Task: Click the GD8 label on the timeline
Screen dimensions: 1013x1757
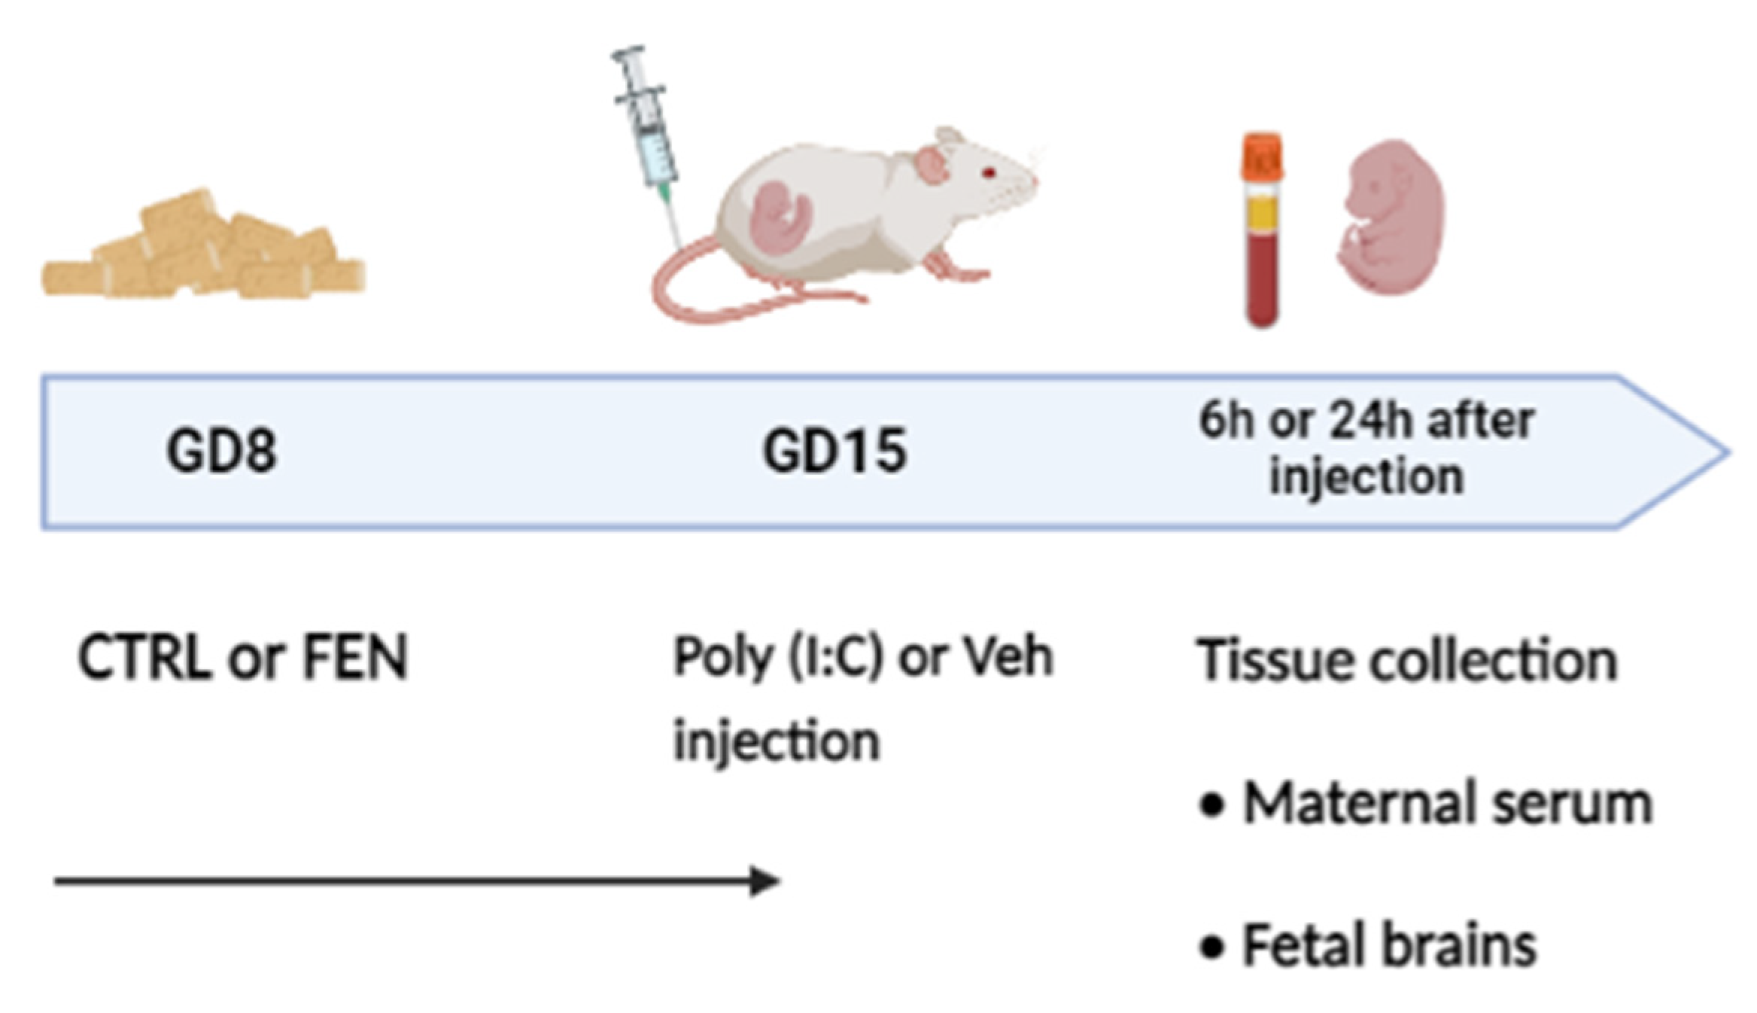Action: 221,452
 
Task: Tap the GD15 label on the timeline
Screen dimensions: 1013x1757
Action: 834,452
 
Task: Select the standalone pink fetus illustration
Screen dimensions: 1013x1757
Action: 1391,218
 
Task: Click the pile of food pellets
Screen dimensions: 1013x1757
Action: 203,248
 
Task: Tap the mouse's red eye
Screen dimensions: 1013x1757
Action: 989,173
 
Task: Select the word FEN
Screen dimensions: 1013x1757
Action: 354,658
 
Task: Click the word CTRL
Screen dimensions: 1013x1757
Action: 143,658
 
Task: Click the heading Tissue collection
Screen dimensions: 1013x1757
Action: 1407,661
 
